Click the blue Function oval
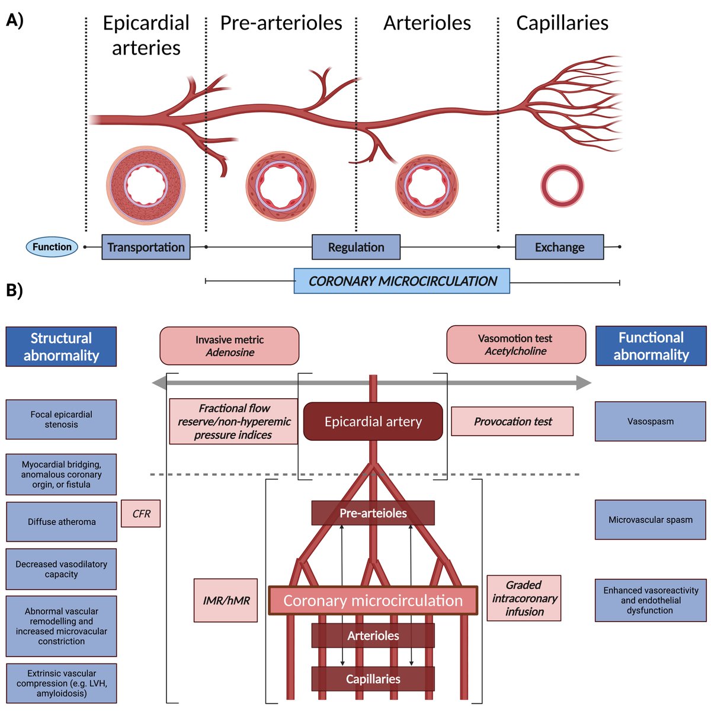52,247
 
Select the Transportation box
146,247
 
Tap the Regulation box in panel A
356,247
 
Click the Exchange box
559,247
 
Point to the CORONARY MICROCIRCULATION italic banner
402,281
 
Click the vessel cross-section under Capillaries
562,186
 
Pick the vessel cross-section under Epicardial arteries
146,186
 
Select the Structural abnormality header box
61,347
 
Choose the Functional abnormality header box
651,346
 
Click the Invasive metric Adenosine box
229,346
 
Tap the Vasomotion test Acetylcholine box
515,345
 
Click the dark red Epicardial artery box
373,422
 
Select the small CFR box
141,514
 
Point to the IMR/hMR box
226,600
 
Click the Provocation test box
513,422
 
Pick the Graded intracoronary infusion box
524,598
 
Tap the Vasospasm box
650,421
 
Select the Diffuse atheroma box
62,522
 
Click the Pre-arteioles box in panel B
373,513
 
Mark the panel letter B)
14,291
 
